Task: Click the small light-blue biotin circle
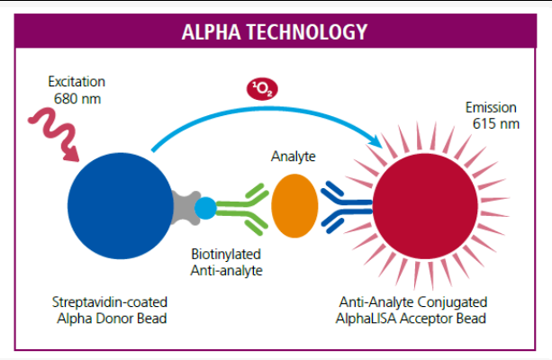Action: tap(205, 208)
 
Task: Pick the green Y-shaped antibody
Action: tap(243, 208)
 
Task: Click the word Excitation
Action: tap(76, 82)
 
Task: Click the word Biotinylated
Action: tap(225, 254)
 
